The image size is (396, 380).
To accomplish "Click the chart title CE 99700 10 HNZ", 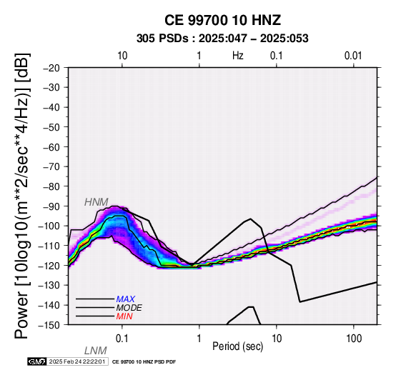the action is (x=222, y=20).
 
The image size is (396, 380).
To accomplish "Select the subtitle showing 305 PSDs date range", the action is (x=222, y=39).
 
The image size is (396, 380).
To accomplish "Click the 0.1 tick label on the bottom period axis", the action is (x=122, y=339).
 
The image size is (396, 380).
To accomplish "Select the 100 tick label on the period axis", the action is (x=354, y=339).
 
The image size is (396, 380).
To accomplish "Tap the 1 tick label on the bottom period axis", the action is (x=199, y=339).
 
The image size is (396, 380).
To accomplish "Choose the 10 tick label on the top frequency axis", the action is (x=122, y=56).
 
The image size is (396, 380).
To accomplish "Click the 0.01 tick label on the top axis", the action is (x=353, y=56).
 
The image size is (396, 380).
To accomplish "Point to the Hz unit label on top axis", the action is (x=238, y=56).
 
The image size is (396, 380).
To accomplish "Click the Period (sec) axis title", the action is (x=237, y=346).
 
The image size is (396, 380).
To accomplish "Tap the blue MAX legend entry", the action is (x=126, y=299).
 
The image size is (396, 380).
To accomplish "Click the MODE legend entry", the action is (x=129, y=308).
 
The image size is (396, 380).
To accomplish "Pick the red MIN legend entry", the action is (x=124, y=316).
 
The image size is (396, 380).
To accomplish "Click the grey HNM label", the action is (x=96, y=202).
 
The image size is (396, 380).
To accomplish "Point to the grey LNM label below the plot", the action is (x=96, y=351).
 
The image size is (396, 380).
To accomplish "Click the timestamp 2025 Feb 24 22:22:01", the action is (x=77, y=362).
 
